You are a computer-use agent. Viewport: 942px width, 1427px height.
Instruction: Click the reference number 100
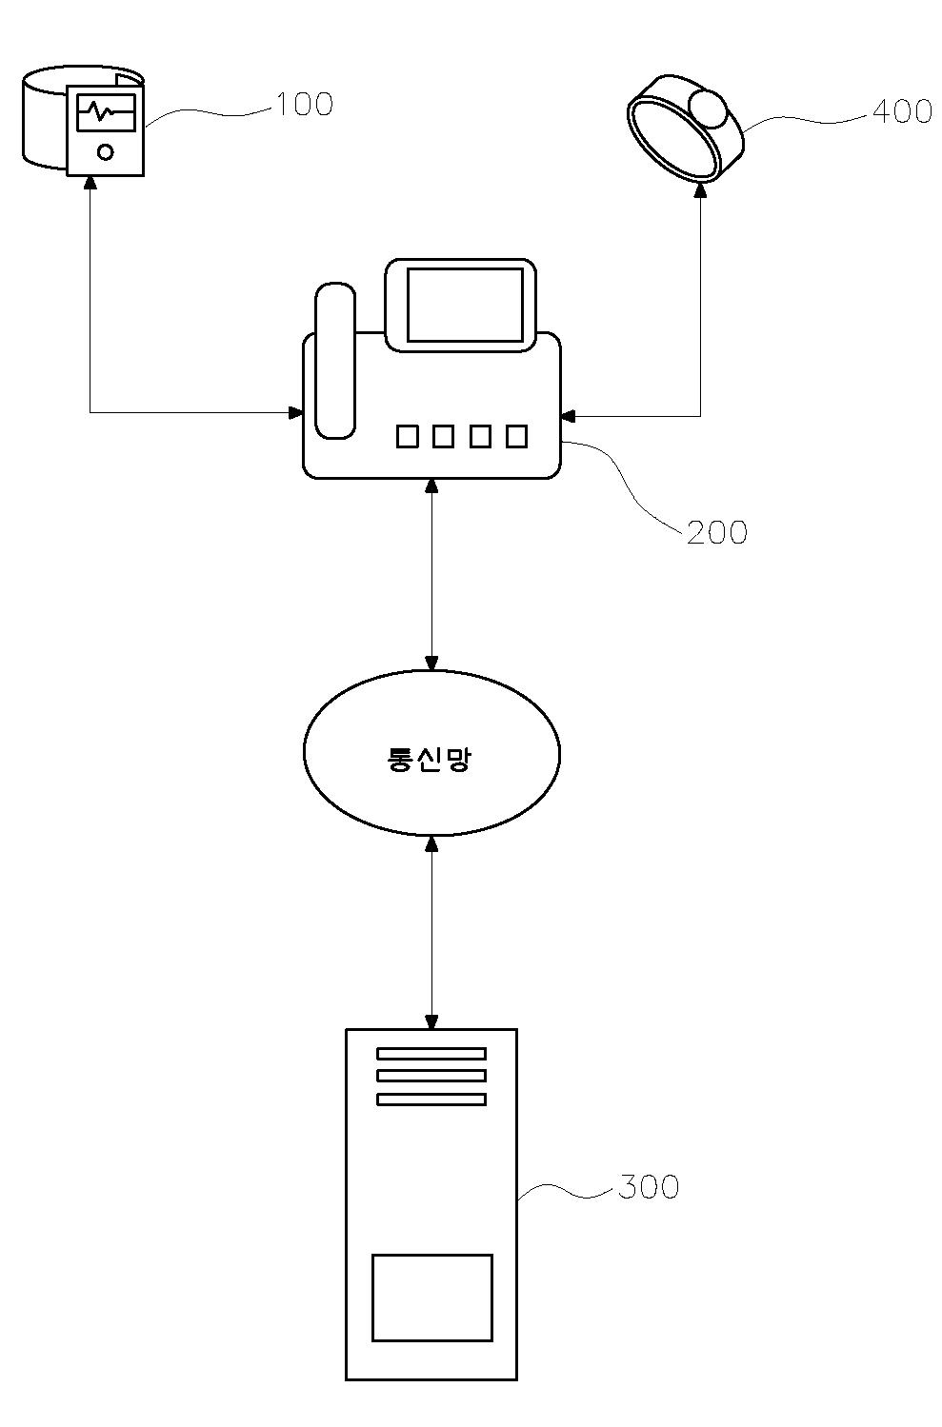pyautogui.click(x=305, y=105)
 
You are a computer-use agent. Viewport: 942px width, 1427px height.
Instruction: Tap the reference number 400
pyautogui.click(x=902, y=111)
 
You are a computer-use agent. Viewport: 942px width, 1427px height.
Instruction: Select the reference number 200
pyautogui.click(x=717, y=532)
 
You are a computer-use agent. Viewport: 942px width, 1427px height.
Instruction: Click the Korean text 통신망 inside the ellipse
pyautogui.click(x=429, y=759)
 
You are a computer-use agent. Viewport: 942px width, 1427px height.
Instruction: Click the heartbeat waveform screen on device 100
pyautogui.click(x=107, y=112)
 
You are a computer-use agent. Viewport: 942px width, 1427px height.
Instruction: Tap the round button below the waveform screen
pyautogui.click(x=106, y=152)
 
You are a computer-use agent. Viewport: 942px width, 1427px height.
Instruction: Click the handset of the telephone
pyautogui.click(x=335, y=361)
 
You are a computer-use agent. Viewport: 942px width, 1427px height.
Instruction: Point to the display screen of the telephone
pyautogui.click(x=465, y=305)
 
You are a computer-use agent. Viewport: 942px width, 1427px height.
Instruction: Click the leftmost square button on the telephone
pyautogui.click(x=408, y=436)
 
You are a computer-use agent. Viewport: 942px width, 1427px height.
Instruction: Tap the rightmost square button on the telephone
pyautogui.click(x=516, y=436)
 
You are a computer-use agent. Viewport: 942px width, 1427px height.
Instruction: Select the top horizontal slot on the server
pyautogui.click(x=431, y=1054)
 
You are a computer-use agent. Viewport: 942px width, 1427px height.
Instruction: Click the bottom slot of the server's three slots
pyautogui.click(x=431, y=1099)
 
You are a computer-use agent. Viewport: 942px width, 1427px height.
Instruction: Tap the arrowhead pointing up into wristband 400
pyautogui.click(x=700, y=189)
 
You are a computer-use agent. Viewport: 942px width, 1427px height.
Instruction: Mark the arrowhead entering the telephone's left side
pyautogui.click(x=295, y=413)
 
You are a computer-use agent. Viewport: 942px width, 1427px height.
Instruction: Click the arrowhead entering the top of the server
pyautogui.click(x=431, y=1021)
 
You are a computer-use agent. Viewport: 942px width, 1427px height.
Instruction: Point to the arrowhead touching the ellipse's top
pyautogui.click(x=431, y=664)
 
